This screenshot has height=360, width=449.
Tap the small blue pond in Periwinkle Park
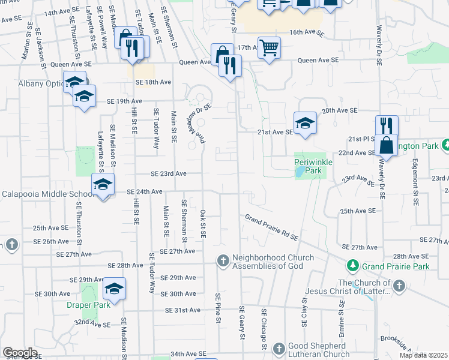299,172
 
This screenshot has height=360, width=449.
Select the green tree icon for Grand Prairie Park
352,265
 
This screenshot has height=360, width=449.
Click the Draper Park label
88,305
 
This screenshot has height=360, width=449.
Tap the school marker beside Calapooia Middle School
103,185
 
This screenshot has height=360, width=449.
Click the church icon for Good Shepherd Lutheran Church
279,349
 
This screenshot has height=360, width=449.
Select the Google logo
20,352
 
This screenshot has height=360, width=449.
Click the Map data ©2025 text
423,355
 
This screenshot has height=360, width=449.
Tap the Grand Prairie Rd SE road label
271,227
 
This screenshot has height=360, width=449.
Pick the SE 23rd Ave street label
169,173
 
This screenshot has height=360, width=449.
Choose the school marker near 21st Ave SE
305,123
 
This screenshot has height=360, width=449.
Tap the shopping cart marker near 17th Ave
270,47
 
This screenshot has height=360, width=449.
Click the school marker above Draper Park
113,289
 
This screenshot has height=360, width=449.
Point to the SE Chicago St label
263,329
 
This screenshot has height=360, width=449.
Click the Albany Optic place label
32,83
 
